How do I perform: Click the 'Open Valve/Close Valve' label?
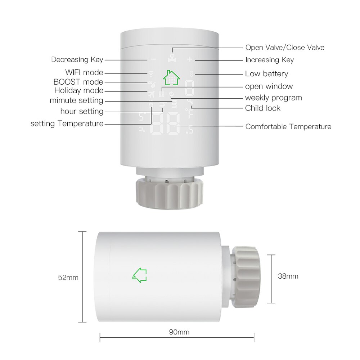285,48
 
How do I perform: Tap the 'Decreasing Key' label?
77,60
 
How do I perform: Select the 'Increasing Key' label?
270,60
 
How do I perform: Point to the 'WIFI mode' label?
84,73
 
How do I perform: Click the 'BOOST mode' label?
78,82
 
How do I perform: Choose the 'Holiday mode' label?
79,91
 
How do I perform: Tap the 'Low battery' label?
266,74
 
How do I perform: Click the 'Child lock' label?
262,108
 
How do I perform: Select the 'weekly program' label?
273,98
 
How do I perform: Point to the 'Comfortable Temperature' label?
288,126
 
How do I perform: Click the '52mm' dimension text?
68,278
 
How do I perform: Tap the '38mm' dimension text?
288,276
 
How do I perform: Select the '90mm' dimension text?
179,332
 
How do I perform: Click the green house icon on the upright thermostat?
171,77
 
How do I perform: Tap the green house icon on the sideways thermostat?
140,275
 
